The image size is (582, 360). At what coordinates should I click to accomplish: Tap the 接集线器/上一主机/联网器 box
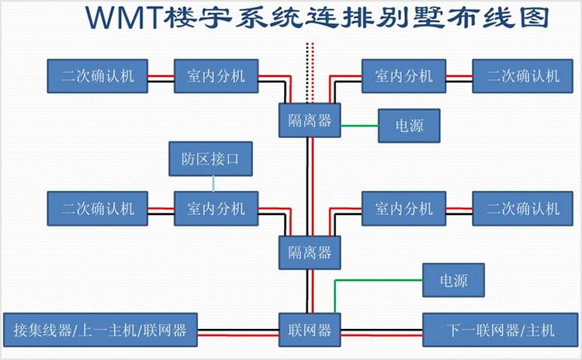click(x=100, y=330)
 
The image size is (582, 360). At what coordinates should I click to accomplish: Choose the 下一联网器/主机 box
click(x=501, y=330)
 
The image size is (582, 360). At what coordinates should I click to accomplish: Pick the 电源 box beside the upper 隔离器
click(x=409, y=126)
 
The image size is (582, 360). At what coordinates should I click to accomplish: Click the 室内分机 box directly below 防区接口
click(x=215, y=208)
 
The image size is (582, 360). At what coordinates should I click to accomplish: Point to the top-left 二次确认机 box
click(x=97, y=75)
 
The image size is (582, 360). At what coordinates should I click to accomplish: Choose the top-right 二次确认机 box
click(x=521, y=75)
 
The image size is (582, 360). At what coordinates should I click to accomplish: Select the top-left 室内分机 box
click(x=215, y=75)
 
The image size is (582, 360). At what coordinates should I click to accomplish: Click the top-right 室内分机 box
click(x=403, y=75)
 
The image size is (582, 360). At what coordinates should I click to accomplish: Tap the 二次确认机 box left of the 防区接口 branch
click(x=97, y=208)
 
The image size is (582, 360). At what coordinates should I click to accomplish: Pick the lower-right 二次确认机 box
click(x=521, y=208)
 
